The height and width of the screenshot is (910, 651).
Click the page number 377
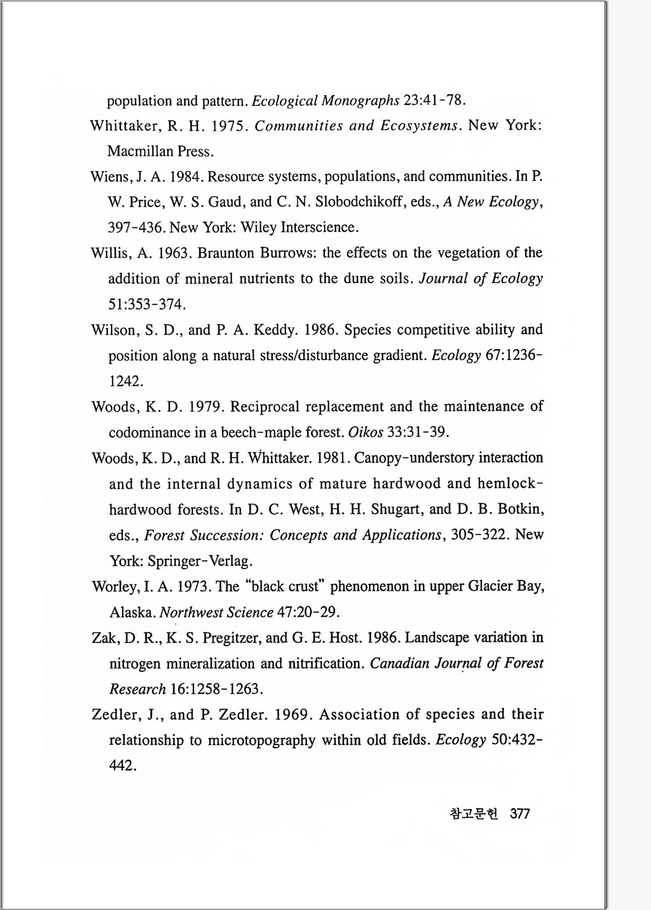(519, 813)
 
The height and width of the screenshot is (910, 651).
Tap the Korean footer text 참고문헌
(473, 813)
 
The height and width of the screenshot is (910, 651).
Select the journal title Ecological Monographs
(325, 101)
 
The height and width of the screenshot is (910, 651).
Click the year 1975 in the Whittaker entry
(228, 125)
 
